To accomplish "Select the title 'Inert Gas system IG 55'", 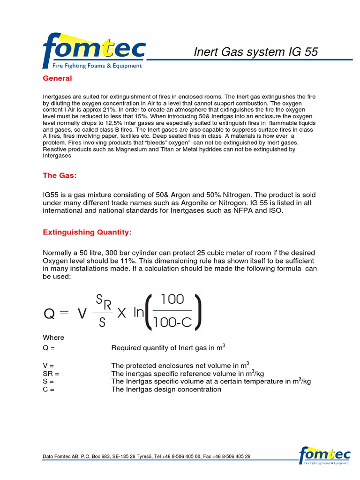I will point(256,52).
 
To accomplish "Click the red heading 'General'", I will point(57,78).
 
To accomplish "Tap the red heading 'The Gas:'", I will point(60,175).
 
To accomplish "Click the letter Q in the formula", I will point(49,314).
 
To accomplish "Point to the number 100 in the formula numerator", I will point(172,300).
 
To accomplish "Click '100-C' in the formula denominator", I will point(172,322).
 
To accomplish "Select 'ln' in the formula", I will point(139,313).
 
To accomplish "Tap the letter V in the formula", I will point(82,314).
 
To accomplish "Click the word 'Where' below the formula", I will point(53,337).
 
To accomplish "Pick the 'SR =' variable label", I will point(51,373).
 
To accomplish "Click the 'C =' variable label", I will point(49,389).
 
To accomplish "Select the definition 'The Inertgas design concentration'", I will point(166,389).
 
